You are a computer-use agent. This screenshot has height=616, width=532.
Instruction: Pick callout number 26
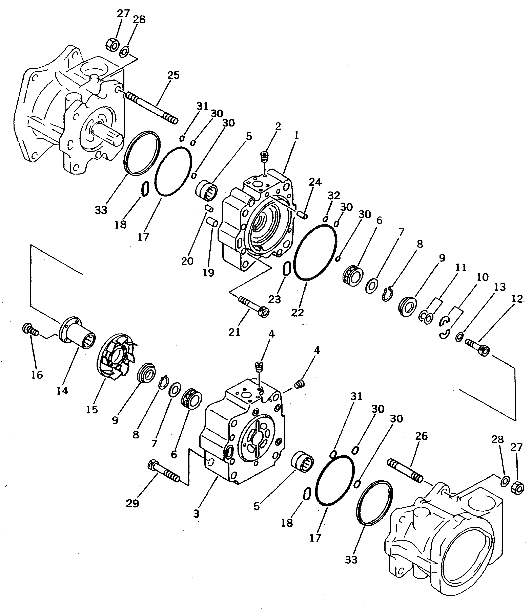pyautogui.click(x=421, y=436)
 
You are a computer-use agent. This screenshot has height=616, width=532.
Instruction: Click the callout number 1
pyautogui.click(x=296, y=136)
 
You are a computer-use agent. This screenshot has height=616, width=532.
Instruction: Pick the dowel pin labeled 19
pyautogui.click(x=212, y=222)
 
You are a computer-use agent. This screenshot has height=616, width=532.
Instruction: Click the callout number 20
pyautogui.click(x=187, y=261)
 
